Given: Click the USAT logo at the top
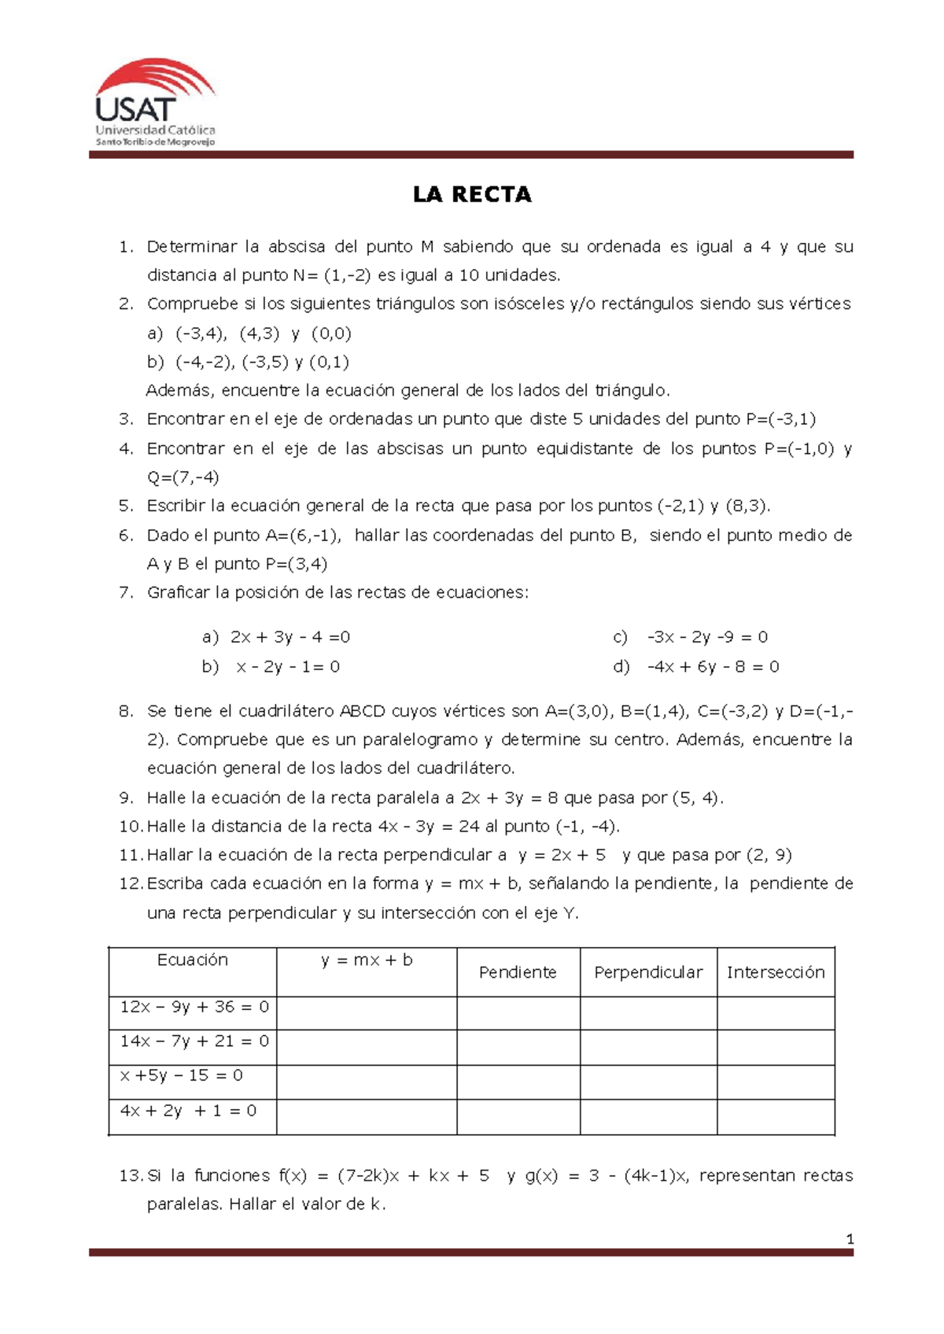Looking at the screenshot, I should pos(155,102).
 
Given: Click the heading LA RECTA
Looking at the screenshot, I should pos(472,195).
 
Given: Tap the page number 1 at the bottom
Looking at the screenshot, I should pos(850,1240).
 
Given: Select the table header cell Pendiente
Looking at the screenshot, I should pos(517,972).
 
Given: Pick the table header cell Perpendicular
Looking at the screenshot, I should pos(647,972).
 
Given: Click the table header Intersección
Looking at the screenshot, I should pos(775,972).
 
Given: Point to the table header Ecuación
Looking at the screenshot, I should pos(193,960).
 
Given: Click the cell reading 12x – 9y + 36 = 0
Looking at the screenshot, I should pos(194,1007).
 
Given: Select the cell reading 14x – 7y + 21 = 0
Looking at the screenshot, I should pos(194,1041).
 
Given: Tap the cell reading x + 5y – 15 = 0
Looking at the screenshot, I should pos(181,1075).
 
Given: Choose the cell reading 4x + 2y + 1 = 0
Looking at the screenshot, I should pos(188,1111).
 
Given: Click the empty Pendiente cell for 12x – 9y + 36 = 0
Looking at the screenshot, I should pos(518,1013).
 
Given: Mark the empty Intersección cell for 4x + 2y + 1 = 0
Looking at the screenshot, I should pos(775,1117).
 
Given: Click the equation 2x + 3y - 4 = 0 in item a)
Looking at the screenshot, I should pos(289,637).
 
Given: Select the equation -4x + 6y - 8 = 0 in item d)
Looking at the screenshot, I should pos(713,667).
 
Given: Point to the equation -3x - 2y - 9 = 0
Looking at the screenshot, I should pos(707,637).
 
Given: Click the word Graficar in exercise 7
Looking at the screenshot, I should pos(178,592).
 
